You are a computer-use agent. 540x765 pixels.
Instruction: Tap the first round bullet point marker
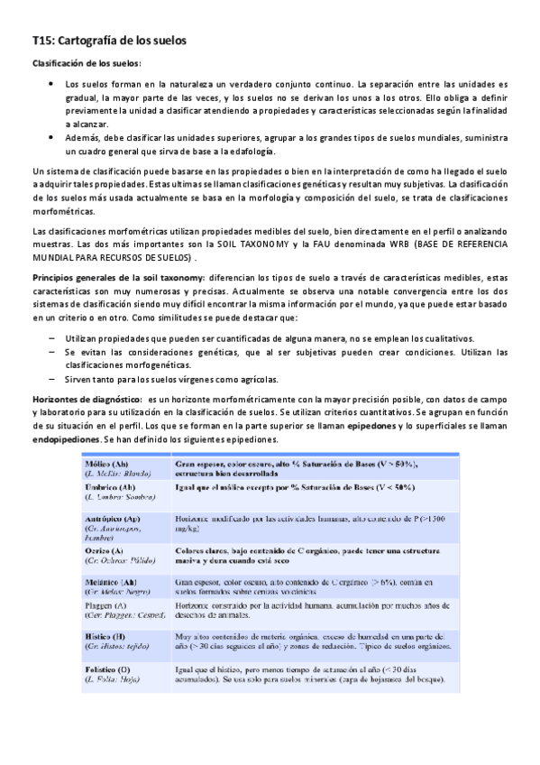point(50,83)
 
